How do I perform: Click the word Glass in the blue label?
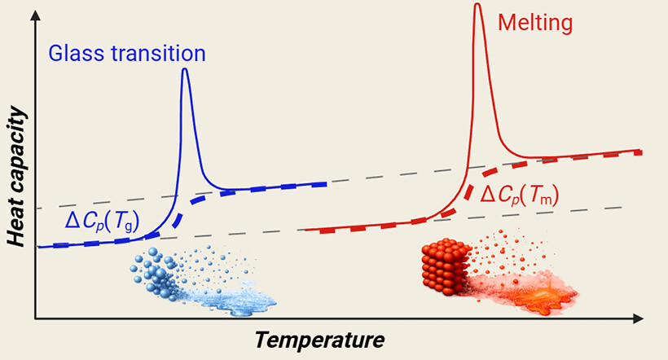[73, 54]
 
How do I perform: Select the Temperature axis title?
[319, 338]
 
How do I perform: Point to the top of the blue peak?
[185, 69]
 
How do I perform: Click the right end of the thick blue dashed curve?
[325, 185]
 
